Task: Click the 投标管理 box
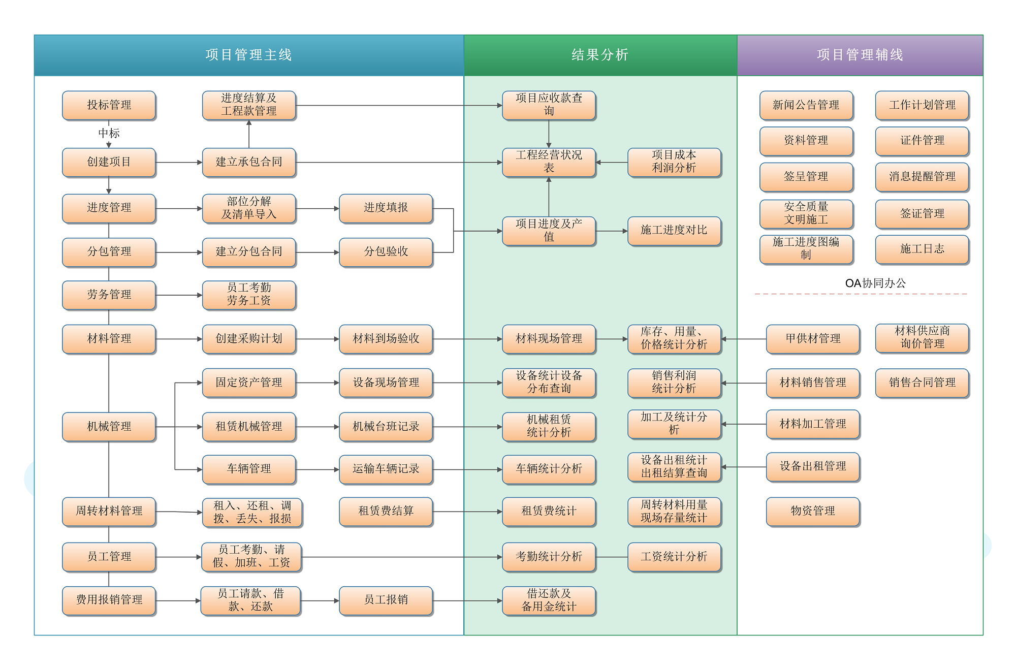pos(109,105)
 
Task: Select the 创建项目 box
pos(109,162)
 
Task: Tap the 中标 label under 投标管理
pos(109,133)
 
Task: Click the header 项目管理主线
pos(249,55)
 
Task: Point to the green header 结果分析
pos(600,55)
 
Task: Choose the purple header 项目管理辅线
pos(860,55)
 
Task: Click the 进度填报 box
pos(386,208)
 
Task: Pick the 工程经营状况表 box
pos(549,162)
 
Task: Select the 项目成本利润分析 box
pos(674,162)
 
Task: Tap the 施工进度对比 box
pos(674,231)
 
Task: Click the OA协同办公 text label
pos(875,283)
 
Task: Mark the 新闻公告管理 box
pos(806,105)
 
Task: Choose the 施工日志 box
pos(922,249)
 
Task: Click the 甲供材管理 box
pos(813,339)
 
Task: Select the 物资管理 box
pos(813,512)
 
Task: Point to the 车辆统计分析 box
pos(549,469)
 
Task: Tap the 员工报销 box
pos(386,600)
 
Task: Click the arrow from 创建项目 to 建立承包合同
pos(179,163)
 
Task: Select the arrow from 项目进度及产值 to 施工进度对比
pos(612,231)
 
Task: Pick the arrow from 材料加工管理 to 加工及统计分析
pos(744,424)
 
